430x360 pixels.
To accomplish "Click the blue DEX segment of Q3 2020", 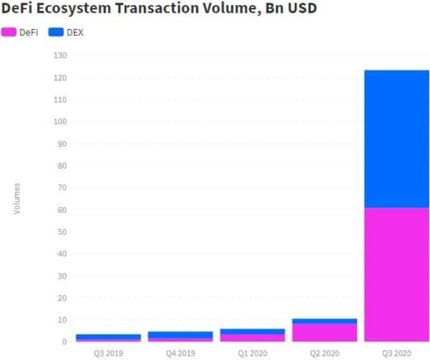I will pos(397,139).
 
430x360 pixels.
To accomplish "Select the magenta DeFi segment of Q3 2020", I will pos(397,274).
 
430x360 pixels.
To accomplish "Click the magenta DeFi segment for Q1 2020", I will pos(252,338).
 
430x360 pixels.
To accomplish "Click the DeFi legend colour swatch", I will pos(9,32).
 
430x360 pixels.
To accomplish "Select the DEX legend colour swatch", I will pos(57,32).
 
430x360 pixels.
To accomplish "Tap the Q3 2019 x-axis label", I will pos(108,353).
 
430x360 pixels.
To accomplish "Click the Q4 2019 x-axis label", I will pos(180,353).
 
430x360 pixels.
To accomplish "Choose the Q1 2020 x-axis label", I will pos(252,353).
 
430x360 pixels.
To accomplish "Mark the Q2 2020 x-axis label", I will pos(324,353).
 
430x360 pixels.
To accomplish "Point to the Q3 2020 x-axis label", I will pos(397,353).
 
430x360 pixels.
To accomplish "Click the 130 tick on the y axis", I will pos(61,56).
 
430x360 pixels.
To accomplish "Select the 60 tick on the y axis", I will pos(62,210).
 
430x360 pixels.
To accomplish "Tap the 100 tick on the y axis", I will pos(61,122).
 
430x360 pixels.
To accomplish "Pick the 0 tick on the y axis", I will pos(64,342).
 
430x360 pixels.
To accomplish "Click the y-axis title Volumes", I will pos(17,199).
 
